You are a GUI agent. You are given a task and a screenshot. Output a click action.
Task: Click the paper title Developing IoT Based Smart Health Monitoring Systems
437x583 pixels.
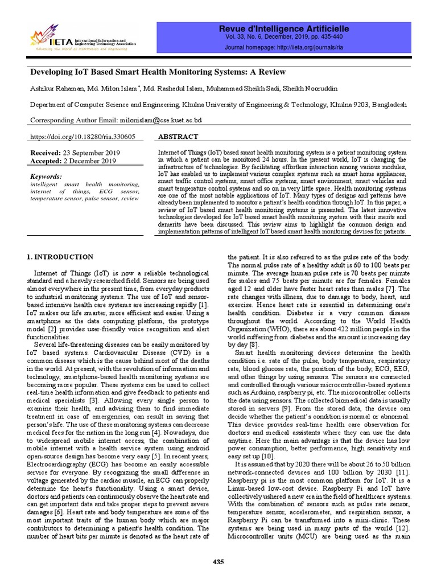pos(158,72)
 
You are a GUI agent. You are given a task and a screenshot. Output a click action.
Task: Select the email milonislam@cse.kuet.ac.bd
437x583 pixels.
pos(160,121)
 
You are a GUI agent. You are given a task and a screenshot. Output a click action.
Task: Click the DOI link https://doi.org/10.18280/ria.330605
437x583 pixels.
pos(83,137)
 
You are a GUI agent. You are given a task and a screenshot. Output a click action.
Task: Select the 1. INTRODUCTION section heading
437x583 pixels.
pos(61,257)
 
